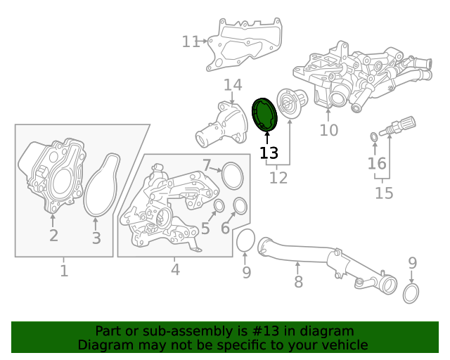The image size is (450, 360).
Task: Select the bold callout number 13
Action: tap(269, 153)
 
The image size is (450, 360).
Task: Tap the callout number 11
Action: tap(191, 41)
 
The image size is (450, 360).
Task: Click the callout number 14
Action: tap(233, 85)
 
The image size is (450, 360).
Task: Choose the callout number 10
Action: tap(329, 130)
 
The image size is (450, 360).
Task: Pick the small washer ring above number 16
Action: tap(374, 138)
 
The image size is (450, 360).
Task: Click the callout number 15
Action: tap(384, 193)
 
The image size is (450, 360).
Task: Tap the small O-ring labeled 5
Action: tap(219, 205)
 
